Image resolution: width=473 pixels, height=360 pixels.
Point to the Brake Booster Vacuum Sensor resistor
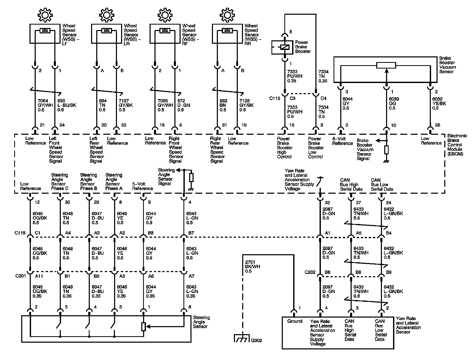pyautogui.click(x=386, y=65)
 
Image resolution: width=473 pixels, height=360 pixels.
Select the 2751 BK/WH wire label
pyautogui.click(x=253, y=267)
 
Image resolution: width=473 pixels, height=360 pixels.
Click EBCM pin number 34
pyautogui.click(x=62, y=125)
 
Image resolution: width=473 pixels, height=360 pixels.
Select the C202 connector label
pyautogui.click(x=310, y=272)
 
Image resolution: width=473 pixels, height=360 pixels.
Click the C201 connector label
pyautogui.click(x=20, y=276)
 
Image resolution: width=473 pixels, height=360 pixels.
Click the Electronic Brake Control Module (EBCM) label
pyautogui.click(x=457, y=145)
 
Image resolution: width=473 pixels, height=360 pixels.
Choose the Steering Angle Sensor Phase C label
pyautogui.click(x=60, y=182)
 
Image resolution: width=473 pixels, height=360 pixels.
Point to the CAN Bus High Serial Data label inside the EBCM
pyautogui.click(x=351, y=184)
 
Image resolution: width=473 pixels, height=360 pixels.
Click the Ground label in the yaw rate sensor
pyautogui.click(x=295, y=321)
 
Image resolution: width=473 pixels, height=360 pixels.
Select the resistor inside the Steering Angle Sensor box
pyautogui.click(x=144, y=327)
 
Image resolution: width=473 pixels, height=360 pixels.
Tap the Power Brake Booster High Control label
pyautogui.click(x=285, y=148)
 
